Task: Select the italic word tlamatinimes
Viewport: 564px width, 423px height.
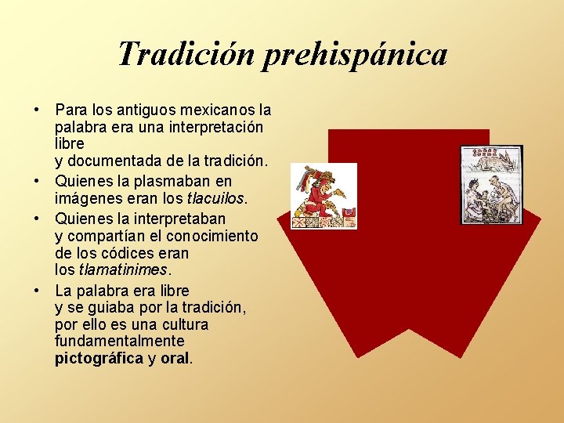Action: coord(123,269)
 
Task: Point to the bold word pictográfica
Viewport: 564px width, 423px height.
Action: coord(99,359)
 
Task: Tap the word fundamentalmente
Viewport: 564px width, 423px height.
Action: coord(120,342)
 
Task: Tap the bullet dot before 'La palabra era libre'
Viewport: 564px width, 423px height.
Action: coord(38,291)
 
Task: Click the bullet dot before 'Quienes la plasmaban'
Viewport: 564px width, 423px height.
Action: coord(38,181)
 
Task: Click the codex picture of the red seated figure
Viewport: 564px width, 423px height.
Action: coord(324,196)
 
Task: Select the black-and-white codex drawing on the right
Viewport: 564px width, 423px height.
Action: coord(491,185)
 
